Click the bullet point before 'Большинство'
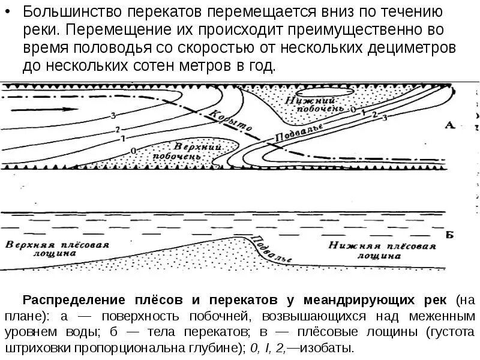coord(11,11)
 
